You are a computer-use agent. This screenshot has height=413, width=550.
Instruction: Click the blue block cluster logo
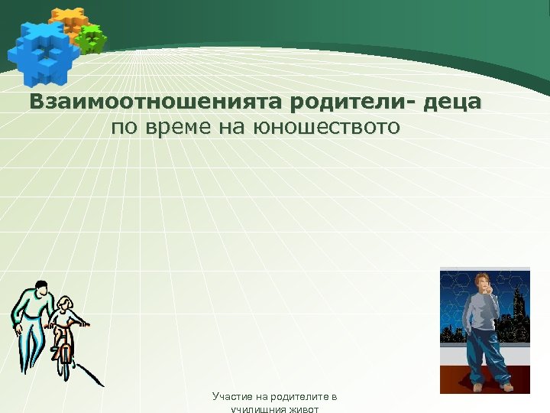click(42, 51)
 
